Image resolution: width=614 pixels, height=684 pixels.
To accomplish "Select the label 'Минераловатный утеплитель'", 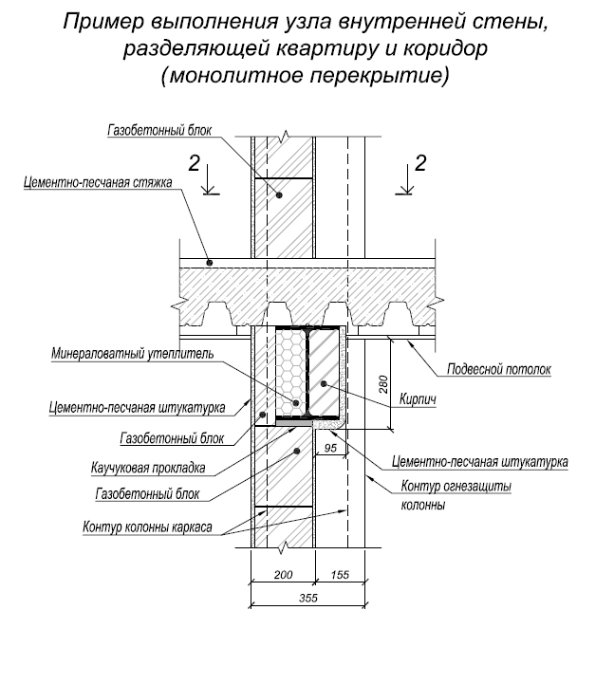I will pos(132,355).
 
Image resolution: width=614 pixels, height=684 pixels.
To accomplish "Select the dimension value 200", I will pos(282,575).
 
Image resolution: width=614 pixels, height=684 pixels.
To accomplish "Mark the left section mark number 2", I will pos(195,163).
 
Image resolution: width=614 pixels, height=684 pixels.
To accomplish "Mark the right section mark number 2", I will pos(422,162).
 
